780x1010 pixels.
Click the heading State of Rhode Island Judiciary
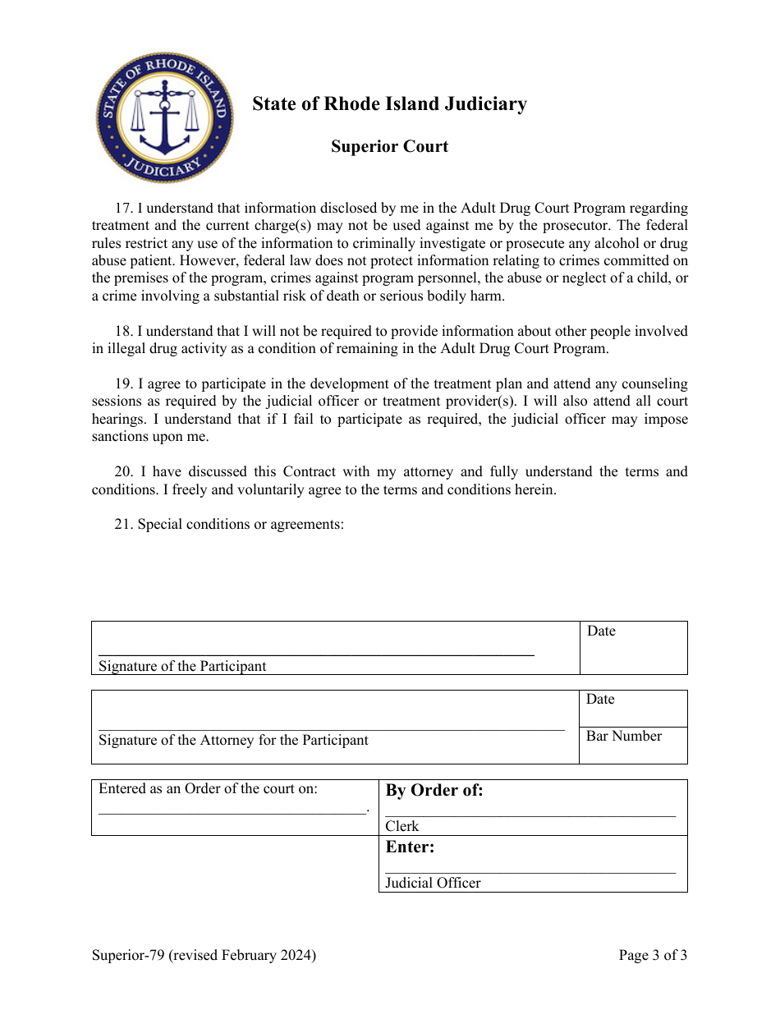click(389, 104)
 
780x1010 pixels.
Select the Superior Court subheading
click(389, 147)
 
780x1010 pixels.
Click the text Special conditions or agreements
click(240, 525)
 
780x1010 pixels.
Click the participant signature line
click(316, 654)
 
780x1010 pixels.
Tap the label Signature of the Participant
click(182, 667)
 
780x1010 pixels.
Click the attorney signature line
click(331, 728)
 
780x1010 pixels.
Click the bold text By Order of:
click(434, 791)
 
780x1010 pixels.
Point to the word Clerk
click(402, 827)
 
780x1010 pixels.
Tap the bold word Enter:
click(410, 847)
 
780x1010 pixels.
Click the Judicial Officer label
click(433, 884)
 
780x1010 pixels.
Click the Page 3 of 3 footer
click(653, 955)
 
